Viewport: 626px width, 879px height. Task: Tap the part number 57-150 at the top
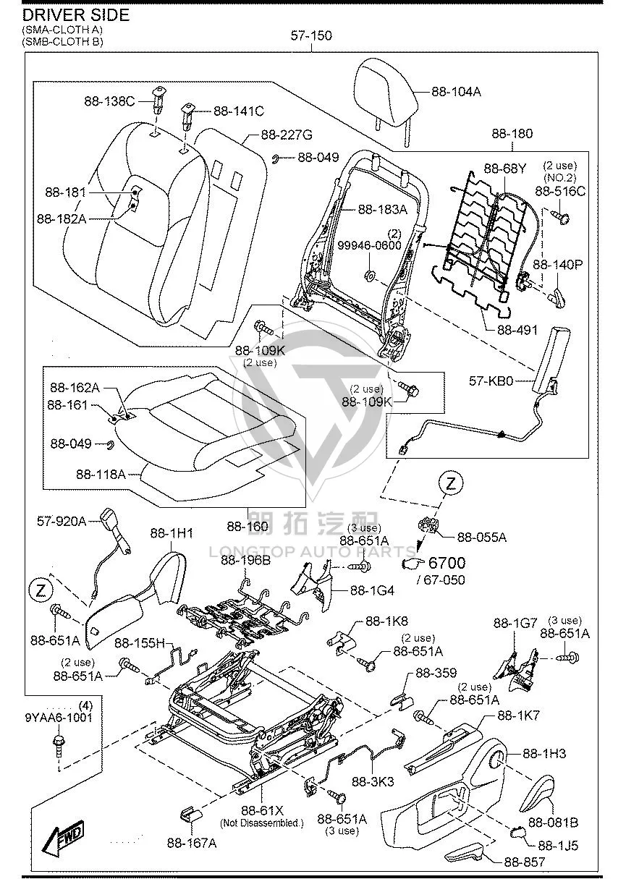pyautogui.click(x=311, y=35)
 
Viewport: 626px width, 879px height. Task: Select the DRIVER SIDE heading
pyautogui.click(x=76, y=15)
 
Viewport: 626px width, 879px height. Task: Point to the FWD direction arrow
pyautogui.click(x=64, y=836)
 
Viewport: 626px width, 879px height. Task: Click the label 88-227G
pyautogui.click(x=287, y=135)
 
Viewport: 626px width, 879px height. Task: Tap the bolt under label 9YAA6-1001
pyautogui.click(x=59, y=745)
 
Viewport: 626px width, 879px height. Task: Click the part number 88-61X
pyautogui.click(x=262, y=810)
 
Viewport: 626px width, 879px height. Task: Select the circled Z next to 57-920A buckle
pyautogui.click(x=41, y=590)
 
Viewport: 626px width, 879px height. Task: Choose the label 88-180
pyautogui.click(x=512, y=134)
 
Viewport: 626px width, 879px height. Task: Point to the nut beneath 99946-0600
pyautogui.click(x=369, y=276)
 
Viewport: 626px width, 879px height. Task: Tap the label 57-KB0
pyautogui.click(x=491, y=381)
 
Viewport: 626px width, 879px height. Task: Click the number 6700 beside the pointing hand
pyautogui.click(x=447, y=563)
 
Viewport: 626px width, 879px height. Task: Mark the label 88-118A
pyautogui.click(x=101, y=475)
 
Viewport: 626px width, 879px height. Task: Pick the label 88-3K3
pyautogui.click(x=373, y=781)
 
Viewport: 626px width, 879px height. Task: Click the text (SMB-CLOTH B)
pyautogui.click(x=63, y=41)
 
